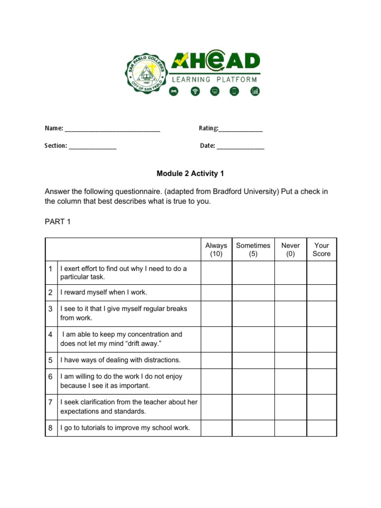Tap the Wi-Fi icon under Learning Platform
(195, 91)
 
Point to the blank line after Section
(93, 147)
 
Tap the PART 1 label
(58, 222)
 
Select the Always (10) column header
(216, 250)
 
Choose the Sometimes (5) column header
(253, 250)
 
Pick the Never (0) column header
(290, 250)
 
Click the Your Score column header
(321, 250)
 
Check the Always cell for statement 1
(216, 273)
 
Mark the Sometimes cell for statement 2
(253, 293)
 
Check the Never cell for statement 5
(290, 360)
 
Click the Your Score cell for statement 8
(321, 428)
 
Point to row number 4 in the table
(51, 335)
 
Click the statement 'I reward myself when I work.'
(104, 293)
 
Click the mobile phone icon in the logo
(234, 91)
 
